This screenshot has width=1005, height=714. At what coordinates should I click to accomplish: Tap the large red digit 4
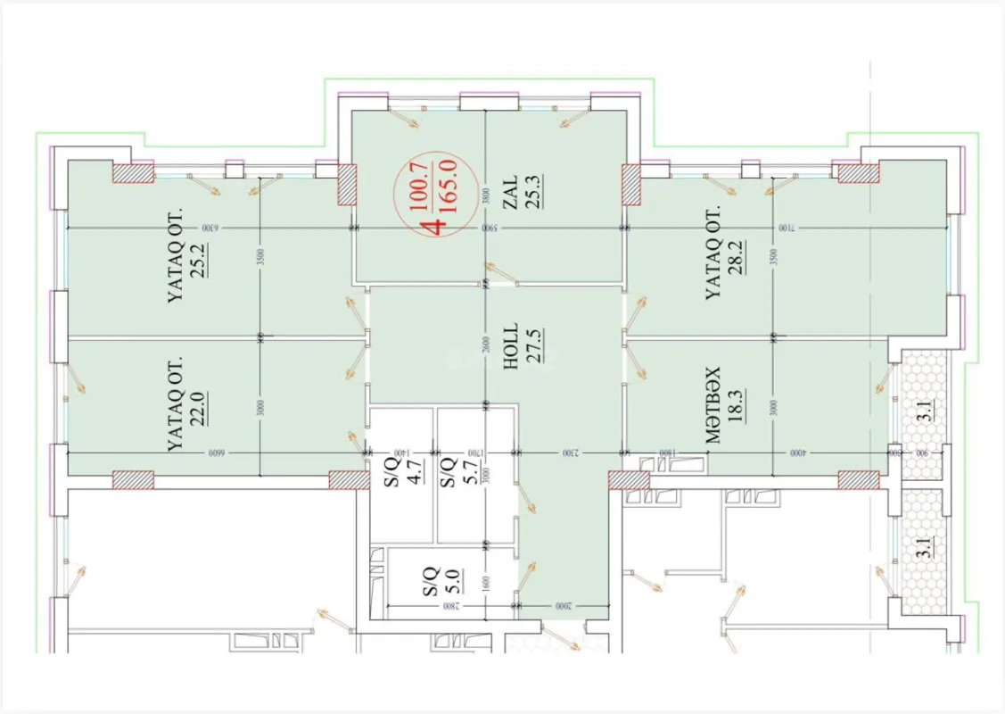(x=435, y=223)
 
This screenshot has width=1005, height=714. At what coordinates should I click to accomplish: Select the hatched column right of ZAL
(x=631, y=183)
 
